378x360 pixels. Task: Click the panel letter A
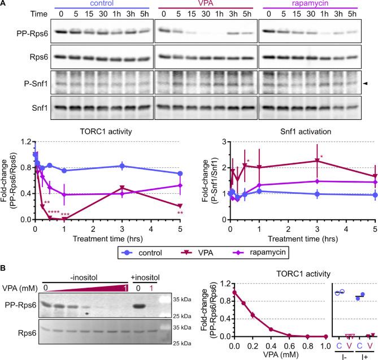point(4,5)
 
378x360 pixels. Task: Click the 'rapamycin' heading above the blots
point(311,5)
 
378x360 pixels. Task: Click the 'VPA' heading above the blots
point(204,5)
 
